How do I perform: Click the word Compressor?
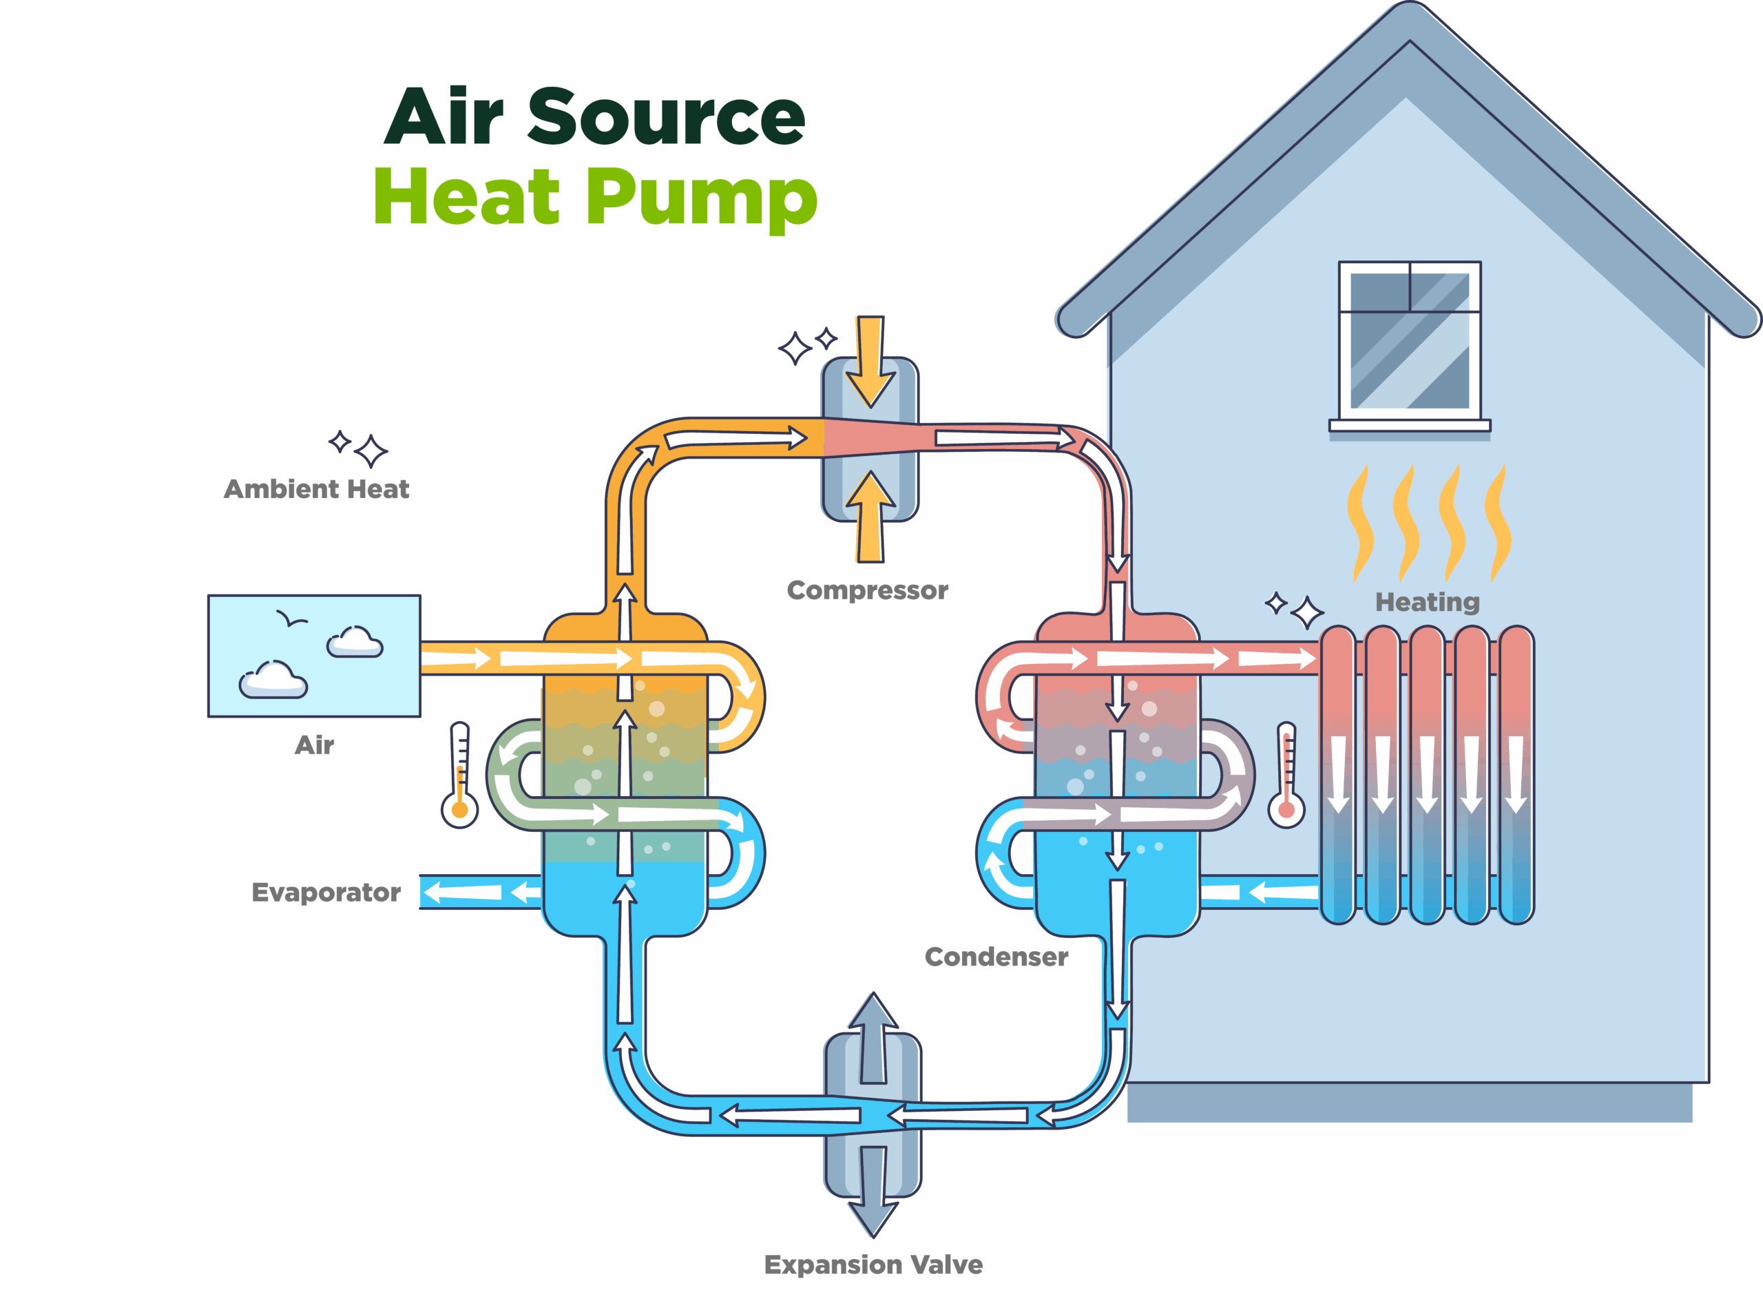pos(866,590)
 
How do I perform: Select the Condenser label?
pos(996,957)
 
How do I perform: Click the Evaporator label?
pos(326,893)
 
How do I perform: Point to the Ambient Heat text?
pos(316,490)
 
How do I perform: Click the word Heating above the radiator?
pos(1426,602)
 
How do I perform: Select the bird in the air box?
pos(291,619)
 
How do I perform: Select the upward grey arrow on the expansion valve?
pos(873,1039)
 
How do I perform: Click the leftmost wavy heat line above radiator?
pos(1360,523)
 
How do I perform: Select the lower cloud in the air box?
pos(273,680)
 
